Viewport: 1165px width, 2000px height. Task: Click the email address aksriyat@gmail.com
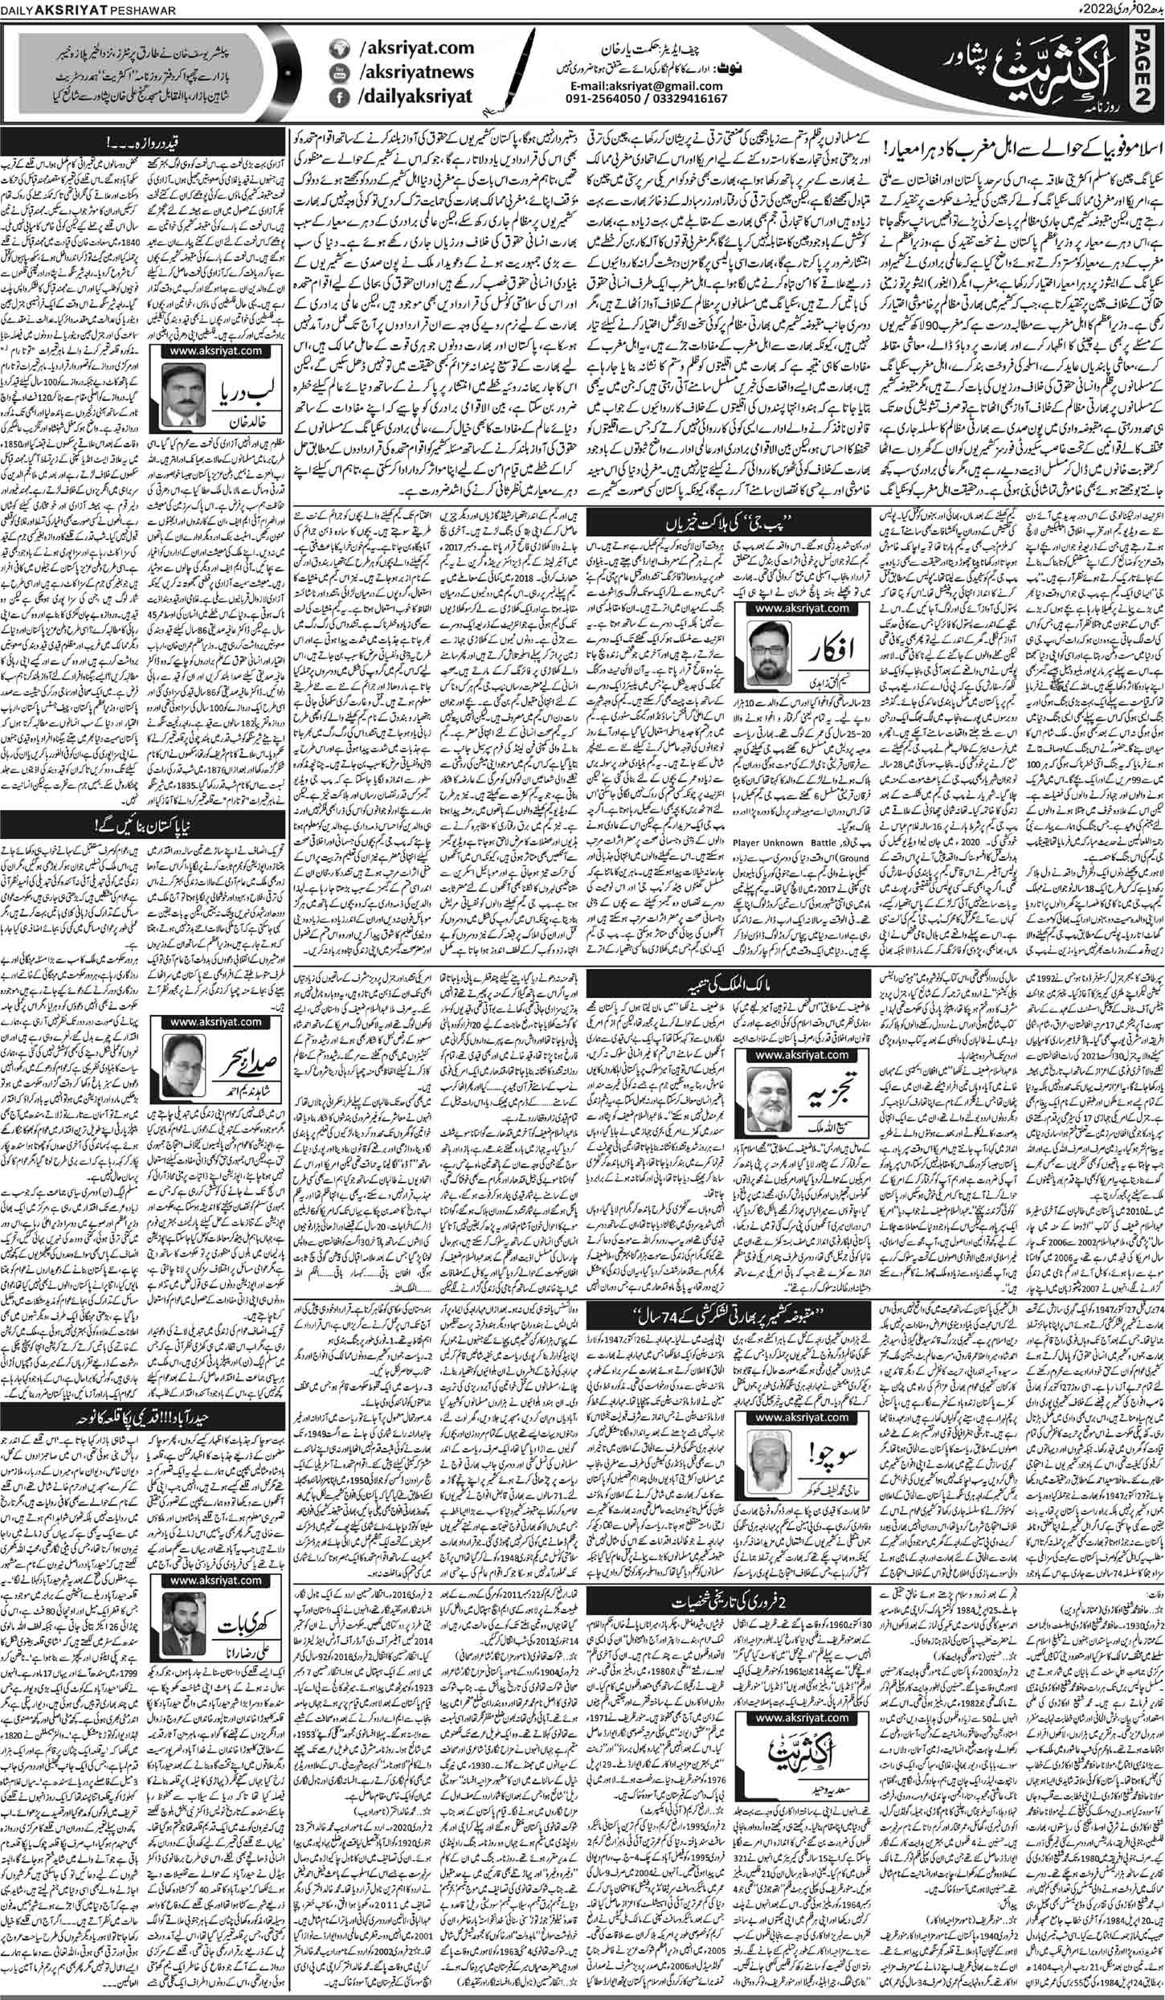pyautogui.click(x=626, y=84)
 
